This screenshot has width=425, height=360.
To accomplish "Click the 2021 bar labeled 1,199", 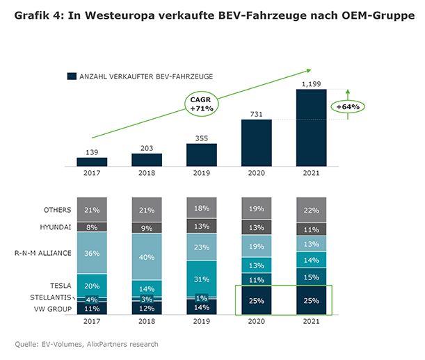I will tap(311, 128).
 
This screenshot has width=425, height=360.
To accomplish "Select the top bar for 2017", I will tap(92, 161).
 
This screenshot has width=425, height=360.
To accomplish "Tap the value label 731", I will tap(256, 113).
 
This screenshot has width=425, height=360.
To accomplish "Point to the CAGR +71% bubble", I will tap(201, 105).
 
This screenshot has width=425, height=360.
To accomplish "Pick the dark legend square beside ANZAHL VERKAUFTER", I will tap(71, 76).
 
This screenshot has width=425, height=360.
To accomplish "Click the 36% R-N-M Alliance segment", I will tap(92, 253).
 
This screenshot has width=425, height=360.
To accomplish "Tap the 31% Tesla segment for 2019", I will tap(202, 279).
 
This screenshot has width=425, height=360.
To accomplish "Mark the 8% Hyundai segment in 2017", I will tap(92, 227).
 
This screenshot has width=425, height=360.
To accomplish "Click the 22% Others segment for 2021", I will tap(312, 210).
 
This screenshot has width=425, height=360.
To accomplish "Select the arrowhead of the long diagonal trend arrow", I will tap(309, 69).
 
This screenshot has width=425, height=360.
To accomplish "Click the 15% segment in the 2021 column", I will tap(312, 277).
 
